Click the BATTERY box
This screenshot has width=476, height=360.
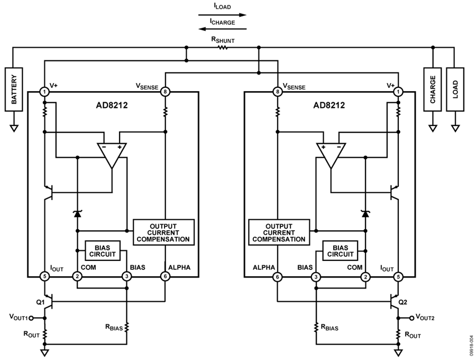14,89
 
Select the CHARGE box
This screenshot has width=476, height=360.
433,89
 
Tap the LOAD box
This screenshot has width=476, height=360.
455,89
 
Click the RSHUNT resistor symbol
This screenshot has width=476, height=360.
223,48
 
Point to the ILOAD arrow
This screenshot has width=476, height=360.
223,15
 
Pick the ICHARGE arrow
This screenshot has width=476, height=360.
223,29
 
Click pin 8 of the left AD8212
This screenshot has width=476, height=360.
165,92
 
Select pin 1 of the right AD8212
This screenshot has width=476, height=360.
398,92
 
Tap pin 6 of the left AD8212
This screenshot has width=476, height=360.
165,276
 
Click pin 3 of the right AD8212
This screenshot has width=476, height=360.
316,276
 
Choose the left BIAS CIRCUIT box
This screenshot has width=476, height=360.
103,251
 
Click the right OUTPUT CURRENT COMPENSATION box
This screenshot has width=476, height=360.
279,232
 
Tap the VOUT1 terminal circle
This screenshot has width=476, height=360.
31,318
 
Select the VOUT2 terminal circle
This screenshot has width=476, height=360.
411,318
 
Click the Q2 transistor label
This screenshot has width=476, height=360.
402,302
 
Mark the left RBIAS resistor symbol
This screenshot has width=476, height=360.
126,328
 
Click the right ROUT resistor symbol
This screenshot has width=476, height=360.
398,335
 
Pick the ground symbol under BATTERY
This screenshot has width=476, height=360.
14,128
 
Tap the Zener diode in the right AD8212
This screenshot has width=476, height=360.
365,213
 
